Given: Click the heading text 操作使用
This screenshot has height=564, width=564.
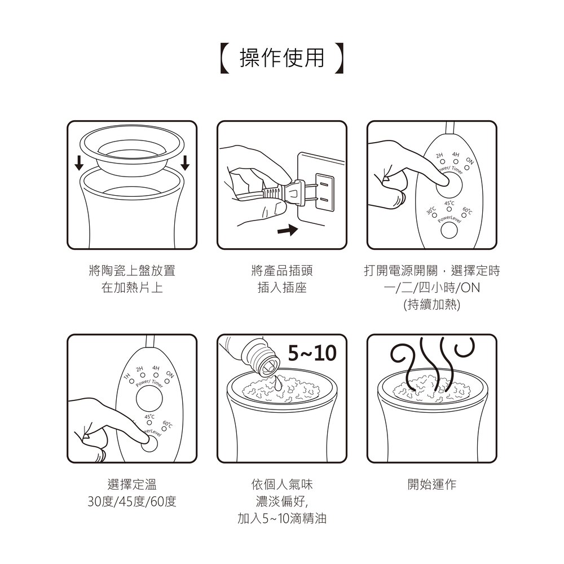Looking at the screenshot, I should (282, 58).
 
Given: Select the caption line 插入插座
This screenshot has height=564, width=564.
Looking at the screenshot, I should (282, 288).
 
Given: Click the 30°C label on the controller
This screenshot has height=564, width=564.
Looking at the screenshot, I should (431, 210).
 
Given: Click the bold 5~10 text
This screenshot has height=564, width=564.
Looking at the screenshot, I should (312, 354).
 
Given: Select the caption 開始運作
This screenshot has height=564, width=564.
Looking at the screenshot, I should (431, 484).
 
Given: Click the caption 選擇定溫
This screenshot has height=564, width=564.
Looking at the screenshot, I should (132, 484).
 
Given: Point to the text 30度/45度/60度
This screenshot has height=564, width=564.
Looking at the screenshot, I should (132, 501).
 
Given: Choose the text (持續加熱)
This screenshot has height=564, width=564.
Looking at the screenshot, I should (432, 305).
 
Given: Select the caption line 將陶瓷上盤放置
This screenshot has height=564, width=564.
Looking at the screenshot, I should (132, 271).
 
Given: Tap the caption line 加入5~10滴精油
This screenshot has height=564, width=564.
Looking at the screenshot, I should (282, 518).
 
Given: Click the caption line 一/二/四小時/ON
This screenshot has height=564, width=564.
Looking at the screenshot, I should (432, 288).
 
